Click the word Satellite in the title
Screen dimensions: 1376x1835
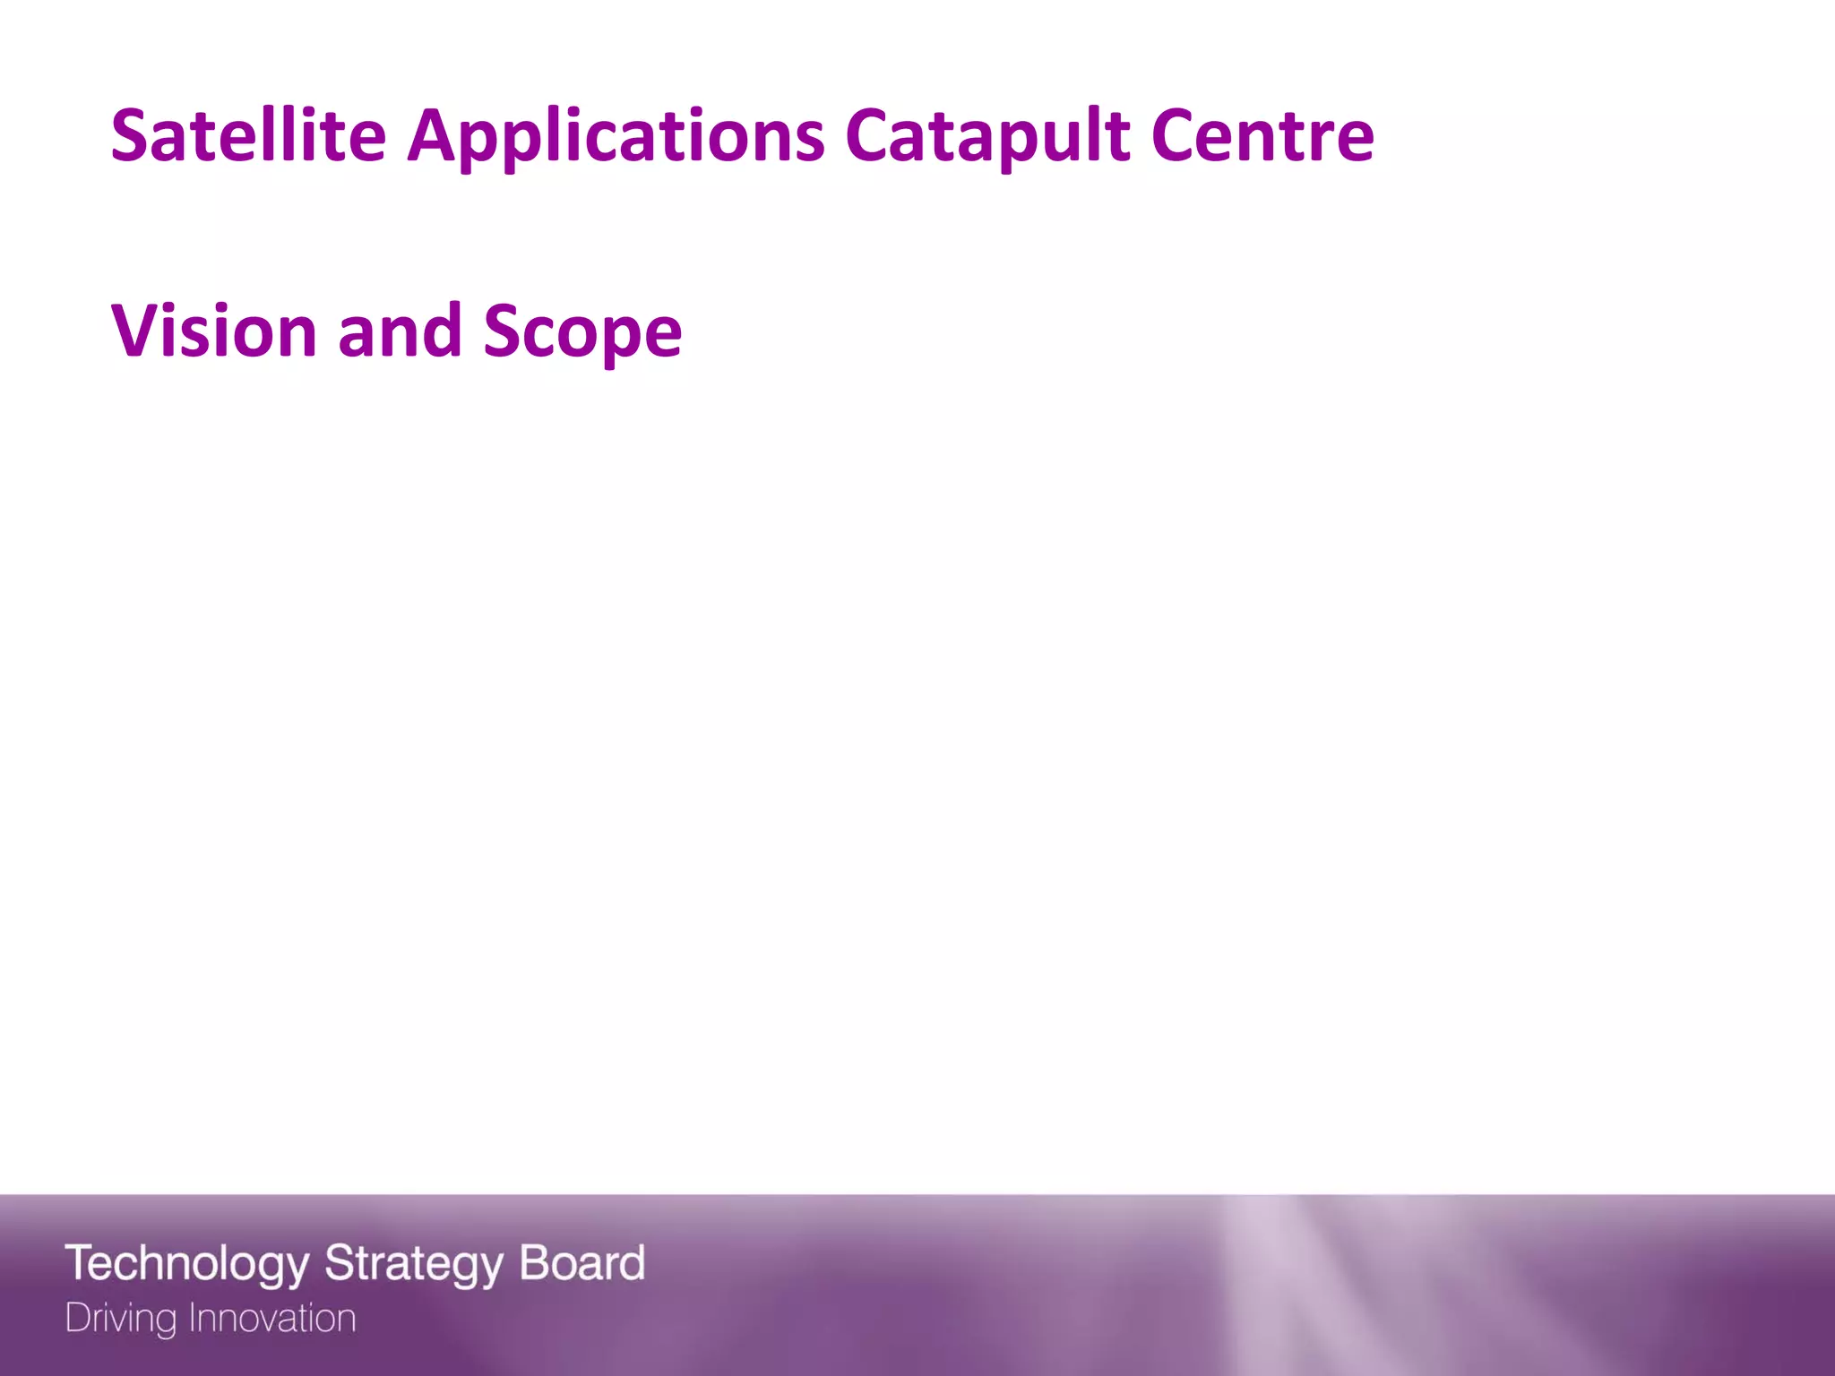point(248,135)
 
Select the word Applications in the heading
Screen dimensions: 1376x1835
point(616,137)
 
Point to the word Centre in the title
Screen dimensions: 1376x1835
point(1262,135)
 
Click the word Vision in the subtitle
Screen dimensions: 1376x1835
point(214,331)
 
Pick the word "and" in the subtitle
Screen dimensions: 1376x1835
point(400,331)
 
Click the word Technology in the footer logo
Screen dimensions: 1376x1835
point(187,1264)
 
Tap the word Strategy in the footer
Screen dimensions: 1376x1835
point(413,1264)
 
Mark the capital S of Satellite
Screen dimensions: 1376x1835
point(131,135)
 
